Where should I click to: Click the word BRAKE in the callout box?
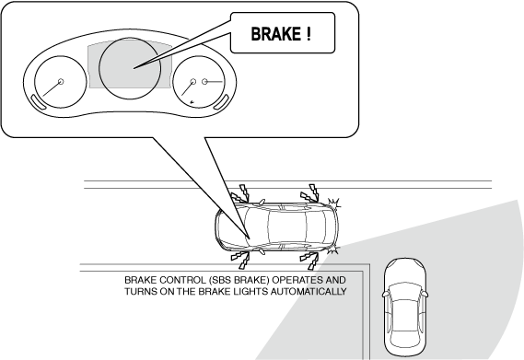tap(275, 34)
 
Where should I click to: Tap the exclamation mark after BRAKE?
tap(309, 33)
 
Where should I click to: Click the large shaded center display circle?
tap(130, 68)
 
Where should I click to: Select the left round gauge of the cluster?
tap(61, 82)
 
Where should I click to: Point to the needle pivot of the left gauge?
tap(61, 82)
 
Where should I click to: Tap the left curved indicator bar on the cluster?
tap(39, 102)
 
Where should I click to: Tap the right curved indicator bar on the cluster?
tap(222, 102)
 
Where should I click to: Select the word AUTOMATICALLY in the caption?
tap(309, 292)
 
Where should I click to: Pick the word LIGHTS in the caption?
tap(251, 292)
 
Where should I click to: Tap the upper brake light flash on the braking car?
tap(333, 203)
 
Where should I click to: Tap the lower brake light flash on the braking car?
tap(333, 249)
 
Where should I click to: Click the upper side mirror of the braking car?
tap(261, 202)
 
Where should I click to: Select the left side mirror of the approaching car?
tap(386, 294)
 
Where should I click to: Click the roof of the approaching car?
tap(403, 315)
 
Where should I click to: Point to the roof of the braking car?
tap(287, 226)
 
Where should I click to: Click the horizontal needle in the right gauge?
tap(214, 81)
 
